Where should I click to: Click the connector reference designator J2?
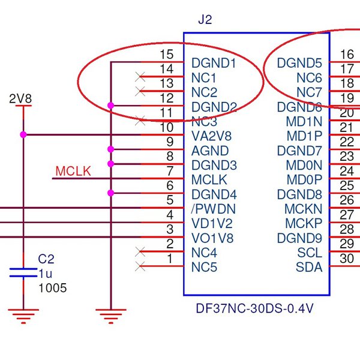[205, 20]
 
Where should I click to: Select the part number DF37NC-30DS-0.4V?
[256, 309]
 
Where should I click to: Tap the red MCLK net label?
[73, 172]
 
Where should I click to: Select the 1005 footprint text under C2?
[52, 289]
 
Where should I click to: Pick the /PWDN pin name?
[213, 209]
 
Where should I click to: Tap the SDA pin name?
[309, 267]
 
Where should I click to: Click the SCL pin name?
[310, 253]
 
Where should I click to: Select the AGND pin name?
[209, 151]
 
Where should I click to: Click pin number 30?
[347, 259]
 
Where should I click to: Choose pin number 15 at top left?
[167, 55]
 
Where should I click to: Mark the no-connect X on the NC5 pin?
[141, 266]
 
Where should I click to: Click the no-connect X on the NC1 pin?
[141, 76]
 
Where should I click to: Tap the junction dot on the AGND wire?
[110, 149]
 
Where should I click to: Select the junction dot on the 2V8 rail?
[23, 134]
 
